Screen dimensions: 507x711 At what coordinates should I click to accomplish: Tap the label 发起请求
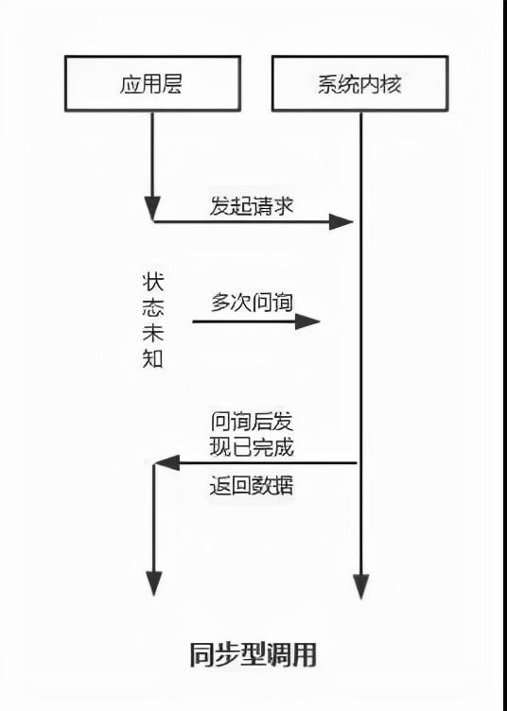point(252,205)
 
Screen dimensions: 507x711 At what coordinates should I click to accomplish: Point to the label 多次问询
point(252,303)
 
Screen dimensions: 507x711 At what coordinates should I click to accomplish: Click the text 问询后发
point(252,422)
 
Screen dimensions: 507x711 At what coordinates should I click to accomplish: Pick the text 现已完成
point(252,447)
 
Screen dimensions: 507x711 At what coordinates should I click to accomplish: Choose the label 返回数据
point(252,486)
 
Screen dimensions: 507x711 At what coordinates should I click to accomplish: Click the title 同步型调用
point(253,655)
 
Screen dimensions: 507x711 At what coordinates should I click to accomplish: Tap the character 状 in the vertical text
point(153,282)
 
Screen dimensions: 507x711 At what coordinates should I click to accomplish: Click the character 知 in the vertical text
point(153,358)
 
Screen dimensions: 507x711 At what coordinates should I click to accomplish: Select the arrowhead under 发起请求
point(341,222)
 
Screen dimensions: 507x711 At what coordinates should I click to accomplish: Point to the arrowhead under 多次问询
point(308,321)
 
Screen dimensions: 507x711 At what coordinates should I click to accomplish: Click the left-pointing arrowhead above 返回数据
point(166,463)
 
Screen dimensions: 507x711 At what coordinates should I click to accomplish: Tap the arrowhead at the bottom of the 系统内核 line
point(361,587)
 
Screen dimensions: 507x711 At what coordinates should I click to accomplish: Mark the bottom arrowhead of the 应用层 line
point(154,583)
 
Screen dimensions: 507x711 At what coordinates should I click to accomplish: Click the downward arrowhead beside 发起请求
point(152,209)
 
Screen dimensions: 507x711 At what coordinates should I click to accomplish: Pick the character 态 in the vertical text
point(153,307)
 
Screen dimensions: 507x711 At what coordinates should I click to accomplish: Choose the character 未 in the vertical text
point(153,333)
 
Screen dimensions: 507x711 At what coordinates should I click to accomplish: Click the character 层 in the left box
point(173,84)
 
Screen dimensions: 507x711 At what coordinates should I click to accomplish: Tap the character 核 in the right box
point(392,84)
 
